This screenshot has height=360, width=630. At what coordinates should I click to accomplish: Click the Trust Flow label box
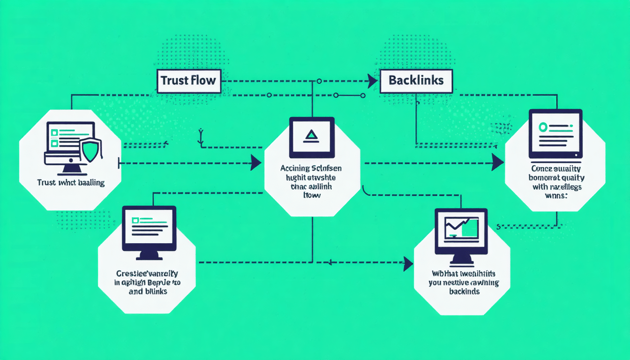click(x=188, y=81)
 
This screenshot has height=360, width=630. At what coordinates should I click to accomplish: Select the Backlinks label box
click(x=416, y=81)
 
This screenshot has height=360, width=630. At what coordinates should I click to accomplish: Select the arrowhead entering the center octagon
click(x=256, y=163)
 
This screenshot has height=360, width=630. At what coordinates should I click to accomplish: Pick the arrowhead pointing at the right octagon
click(x=498, y=163)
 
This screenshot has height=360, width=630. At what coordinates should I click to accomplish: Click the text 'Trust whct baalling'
click(x=71, y=182)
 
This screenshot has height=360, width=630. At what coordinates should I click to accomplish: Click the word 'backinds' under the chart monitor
click(x=464, y=292)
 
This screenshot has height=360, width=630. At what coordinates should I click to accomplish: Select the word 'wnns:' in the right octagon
click(x=556, y=196)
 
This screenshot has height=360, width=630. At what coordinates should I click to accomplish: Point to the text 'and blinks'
click(x=148, y=291)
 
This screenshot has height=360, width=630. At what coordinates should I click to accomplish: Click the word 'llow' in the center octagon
click(x=312, y=195)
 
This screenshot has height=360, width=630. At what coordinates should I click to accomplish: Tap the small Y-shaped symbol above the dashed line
click(x=201, y=135)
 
